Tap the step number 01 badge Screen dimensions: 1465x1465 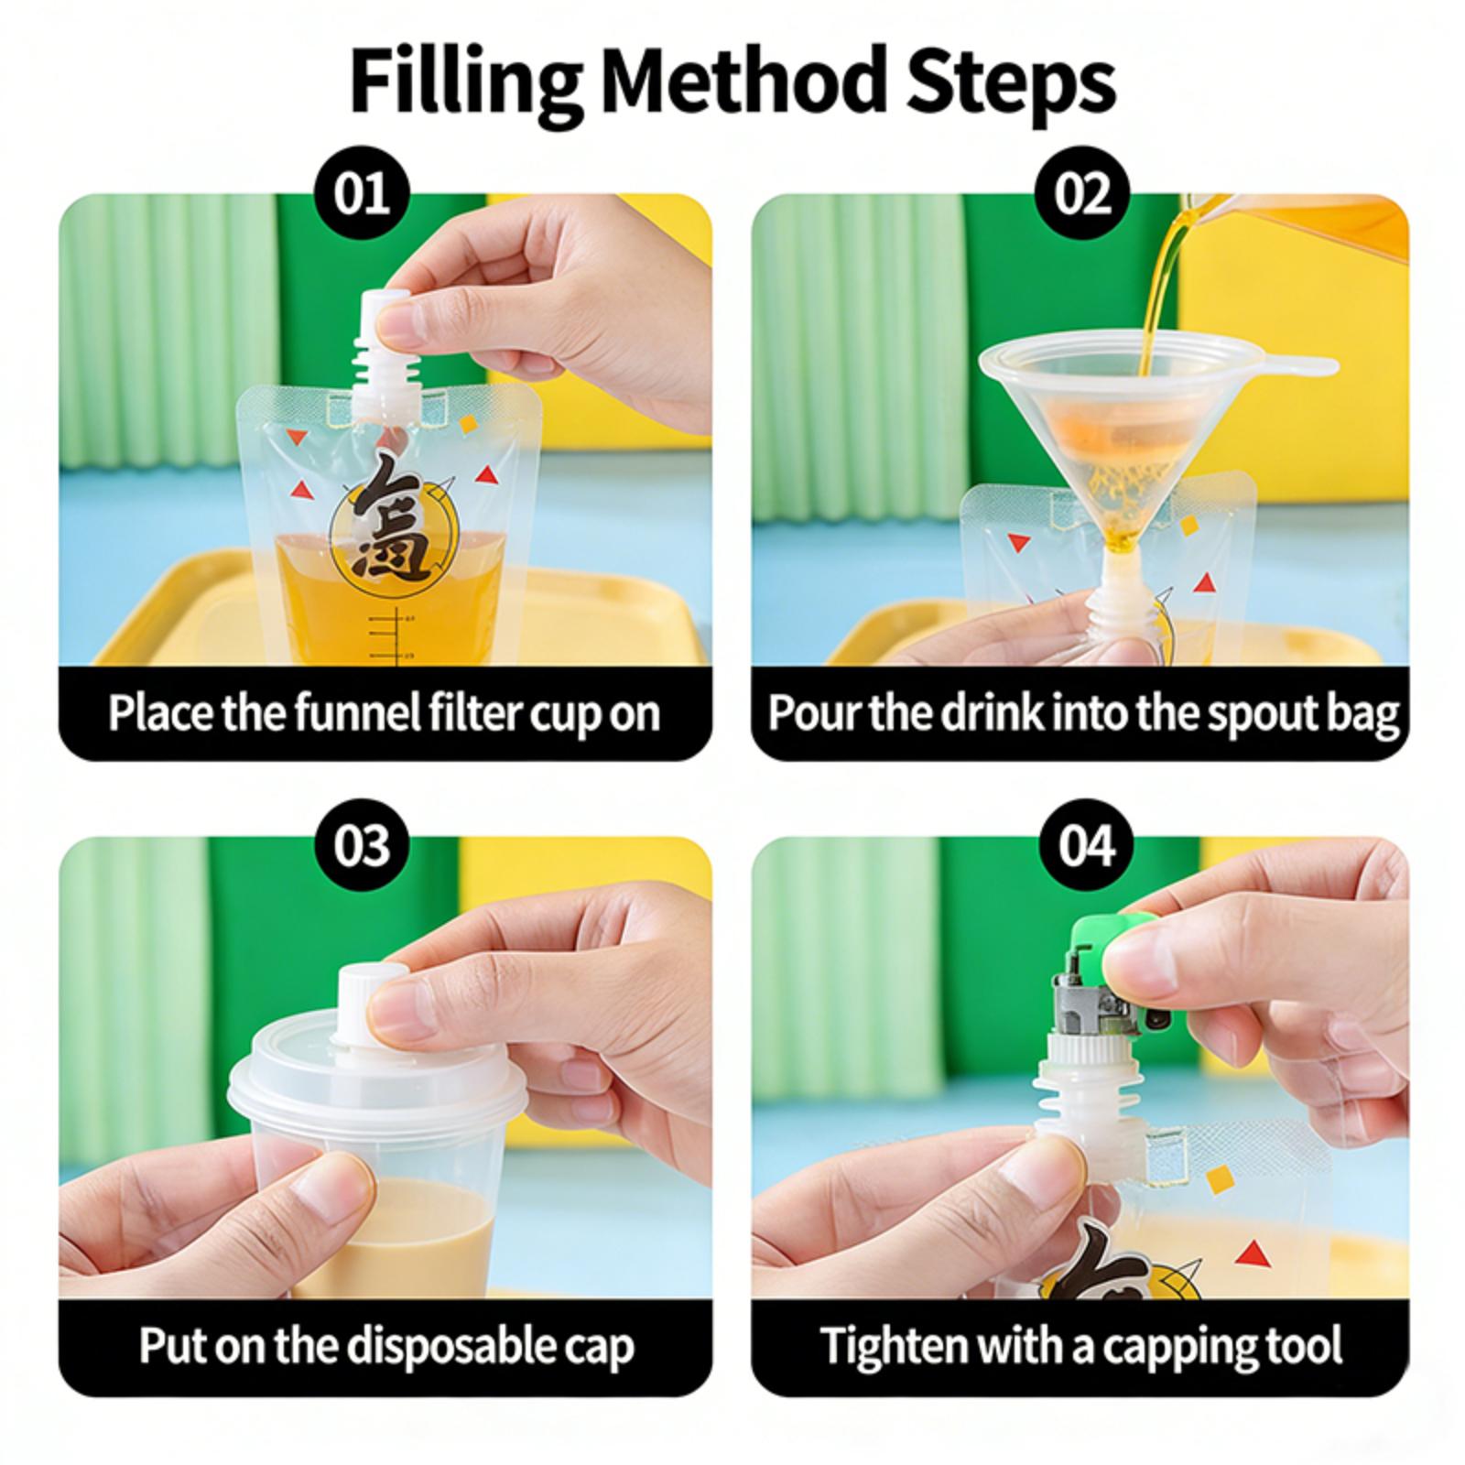point(363,194)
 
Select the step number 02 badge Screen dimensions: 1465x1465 point(1083,194)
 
